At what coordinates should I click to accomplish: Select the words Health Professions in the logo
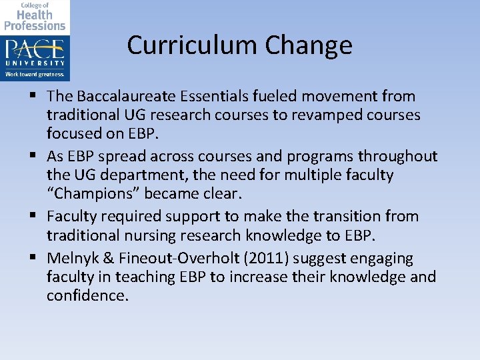click(x=35, y=20)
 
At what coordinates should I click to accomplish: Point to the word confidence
click(x=87, y=295)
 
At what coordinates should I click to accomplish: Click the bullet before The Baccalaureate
click(x=34, y=97)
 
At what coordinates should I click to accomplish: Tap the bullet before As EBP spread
click(x=34, y=157)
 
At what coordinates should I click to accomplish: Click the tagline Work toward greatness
click(x=35, y=74)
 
